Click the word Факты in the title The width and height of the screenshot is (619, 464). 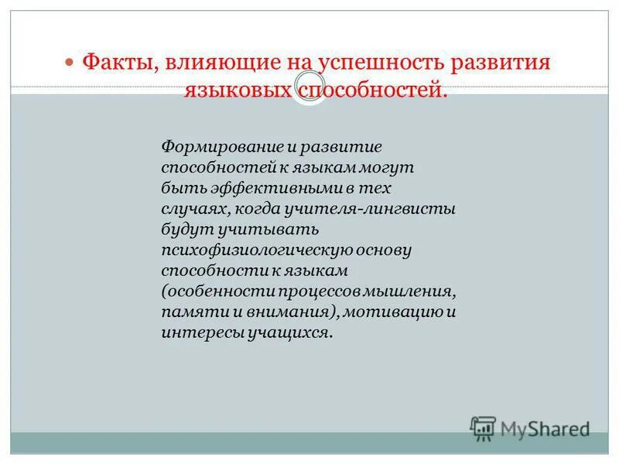118,61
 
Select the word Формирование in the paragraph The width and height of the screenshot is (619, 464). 207,146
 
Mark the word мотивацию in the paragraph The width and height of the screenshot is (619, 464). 392,313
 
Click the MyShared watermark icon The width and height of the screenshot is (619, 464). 482,428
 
